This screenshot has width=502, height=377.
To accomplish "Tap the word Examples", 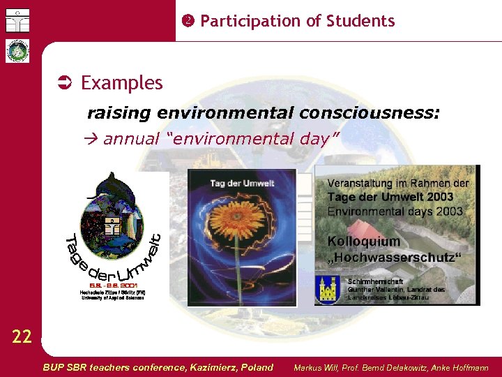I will (121, 83).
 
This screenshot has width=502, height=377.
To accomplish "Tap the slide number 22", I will (22, 337).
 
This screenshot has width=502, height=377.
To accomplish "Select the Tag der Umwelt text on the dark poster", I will (242, 183).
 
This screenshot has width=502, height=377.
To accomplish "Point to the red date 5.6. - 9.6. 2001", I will (112, 285).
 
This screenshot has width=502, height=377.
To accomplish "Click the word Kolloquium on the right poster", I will (364, 242).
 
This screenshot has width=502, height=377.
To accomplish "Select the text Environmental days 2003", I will (395, 210).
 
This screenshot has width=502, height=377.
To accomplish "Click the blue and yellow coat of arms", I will (328, 288).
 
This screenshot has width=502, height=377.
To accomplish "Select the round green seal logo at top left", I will (17, 51).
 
